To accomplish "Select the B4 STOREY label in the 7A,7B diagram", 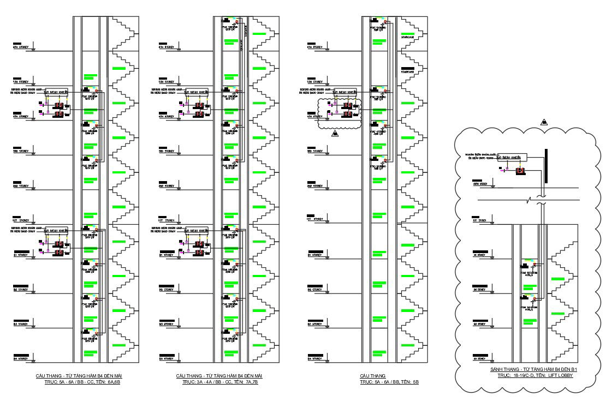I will point(166,358).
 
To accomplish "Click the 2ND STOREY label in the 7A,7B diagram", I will point(166,186).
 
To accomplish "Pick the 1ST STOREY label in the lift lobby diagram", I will point(479,220).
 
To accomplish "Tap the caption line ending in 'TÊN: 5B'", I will point(389,382).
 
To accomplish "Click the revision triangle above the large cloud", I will point(544,122).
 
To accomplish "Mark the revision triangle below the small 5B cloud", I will point(335,134).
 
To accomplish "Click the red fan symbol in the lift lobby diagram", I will point(521,171).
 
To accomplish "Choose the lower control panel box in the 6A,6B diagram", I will point(56,230).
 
